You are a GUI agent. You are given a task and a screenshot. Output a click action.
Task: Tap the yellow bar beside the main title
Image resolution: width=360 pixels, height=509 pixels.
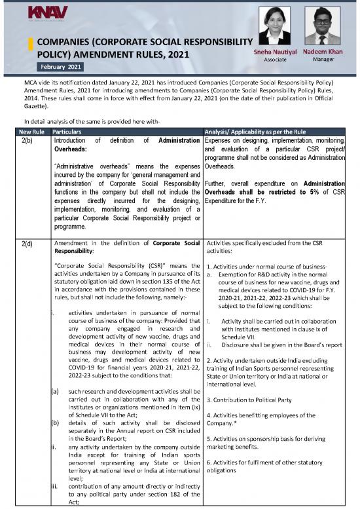tap(29, 49)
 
